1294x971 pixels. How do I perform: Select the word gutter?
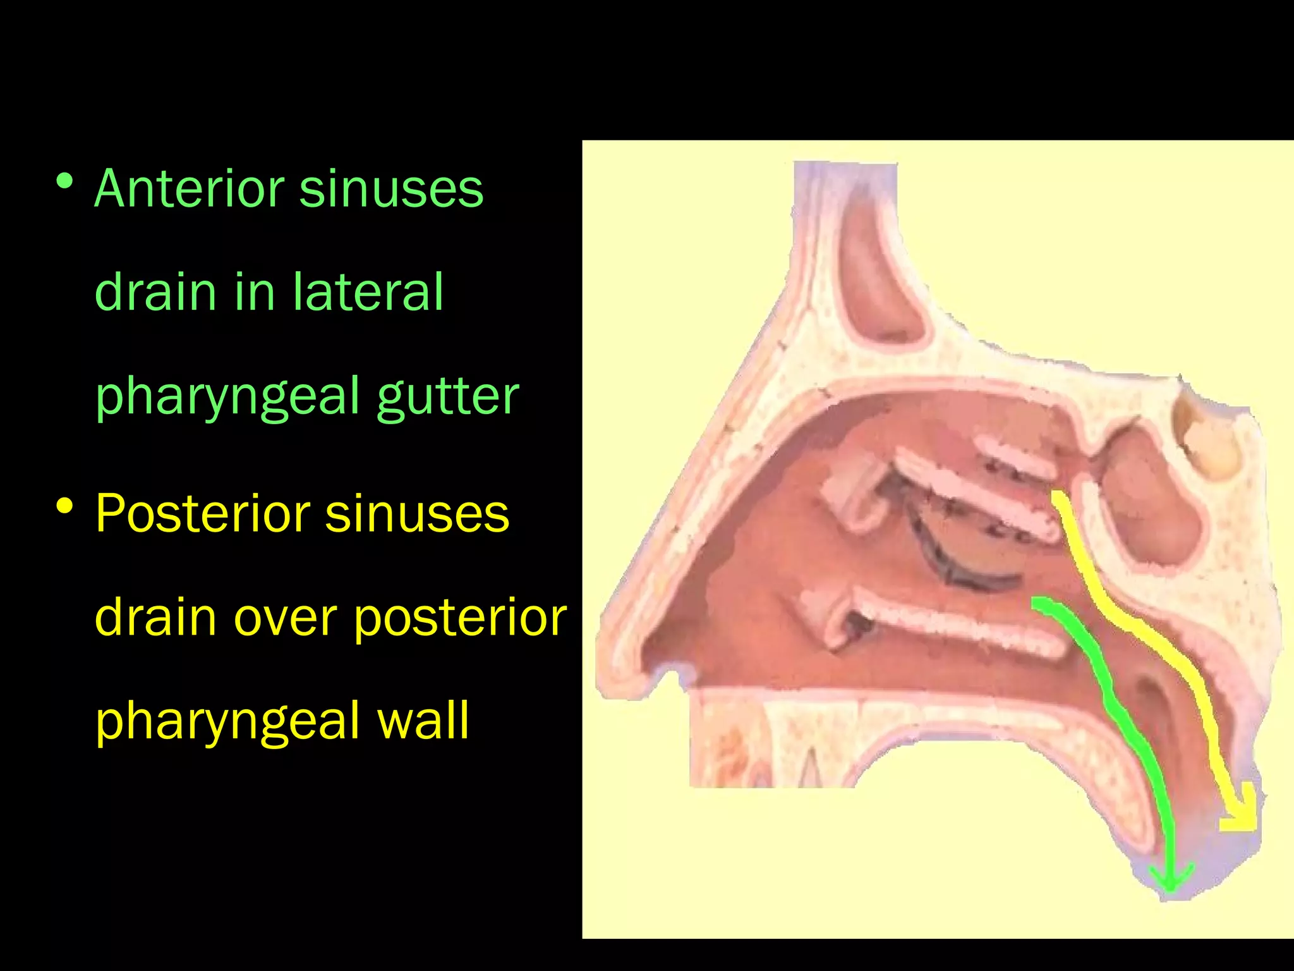(448, 397)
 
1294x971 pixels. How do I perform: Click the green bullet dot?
(64, 182)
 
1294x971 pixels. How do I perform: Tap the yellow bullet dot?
(64, 506)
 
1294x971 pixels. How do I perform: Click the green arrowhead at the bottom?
(1171, 882)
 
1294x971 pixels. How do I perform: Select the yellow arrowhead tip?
(1242, 819)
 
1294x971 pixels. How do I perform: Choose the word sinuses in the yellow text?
(417, 513)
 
